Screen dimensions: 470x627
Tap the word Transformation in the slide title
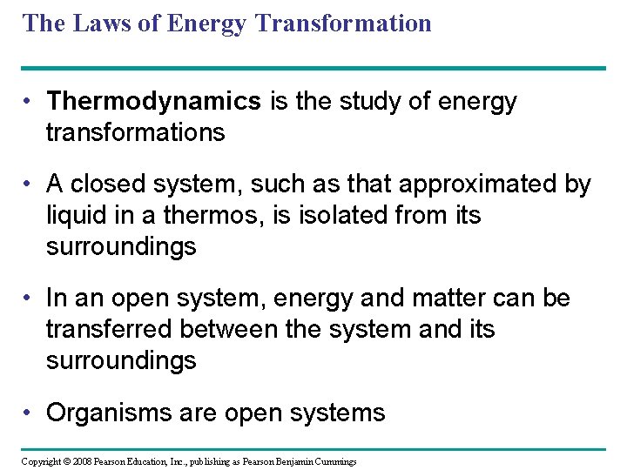(344, 23)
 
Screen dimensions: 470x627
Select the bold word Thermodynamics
(154, 102)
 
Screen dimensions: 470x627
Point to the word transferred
(110, 329)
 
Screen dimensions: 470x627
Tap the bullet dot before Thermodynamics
(30, 102)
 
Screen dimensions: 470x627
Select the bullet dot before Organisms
(30, 412)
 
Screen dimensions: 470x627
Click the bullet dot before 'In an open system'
(30, 299)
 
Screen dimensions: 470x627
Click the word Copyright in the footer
(41, 461)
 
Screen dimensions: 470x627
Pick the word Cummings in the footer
(334, 461)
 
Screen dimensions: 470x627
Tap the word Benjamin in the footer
(289, 461)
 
